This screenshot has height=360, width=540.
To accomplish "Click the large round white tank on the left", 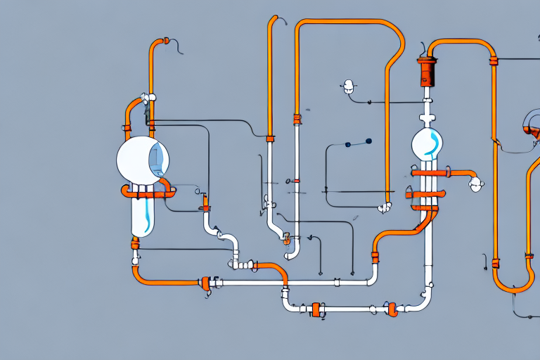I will [x=143, y=159].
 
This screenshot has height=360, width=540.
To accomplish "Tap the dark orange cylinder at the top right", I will [x=427, y=72].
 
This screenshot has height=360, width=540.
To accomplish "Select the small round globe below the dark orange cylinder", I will [x=428, y=144].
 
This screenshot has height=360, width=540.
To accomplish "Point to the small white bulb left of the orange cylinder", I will [x=347, y=87].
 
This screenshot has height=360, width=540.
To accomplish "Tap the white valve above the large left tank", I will [x=148, y=99].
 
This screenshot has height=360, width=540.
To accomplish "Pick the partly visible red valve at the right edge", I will [x=532, y=131].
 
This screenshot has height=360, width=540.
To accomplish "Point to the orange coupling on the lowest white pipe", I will [x=316, y=309].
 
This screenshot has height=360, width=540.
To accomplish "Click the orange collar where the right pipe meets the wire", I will [x=494, y=61].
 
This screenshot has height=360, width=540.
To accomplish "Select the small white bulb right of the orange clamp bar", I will [x=477, y=184].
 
